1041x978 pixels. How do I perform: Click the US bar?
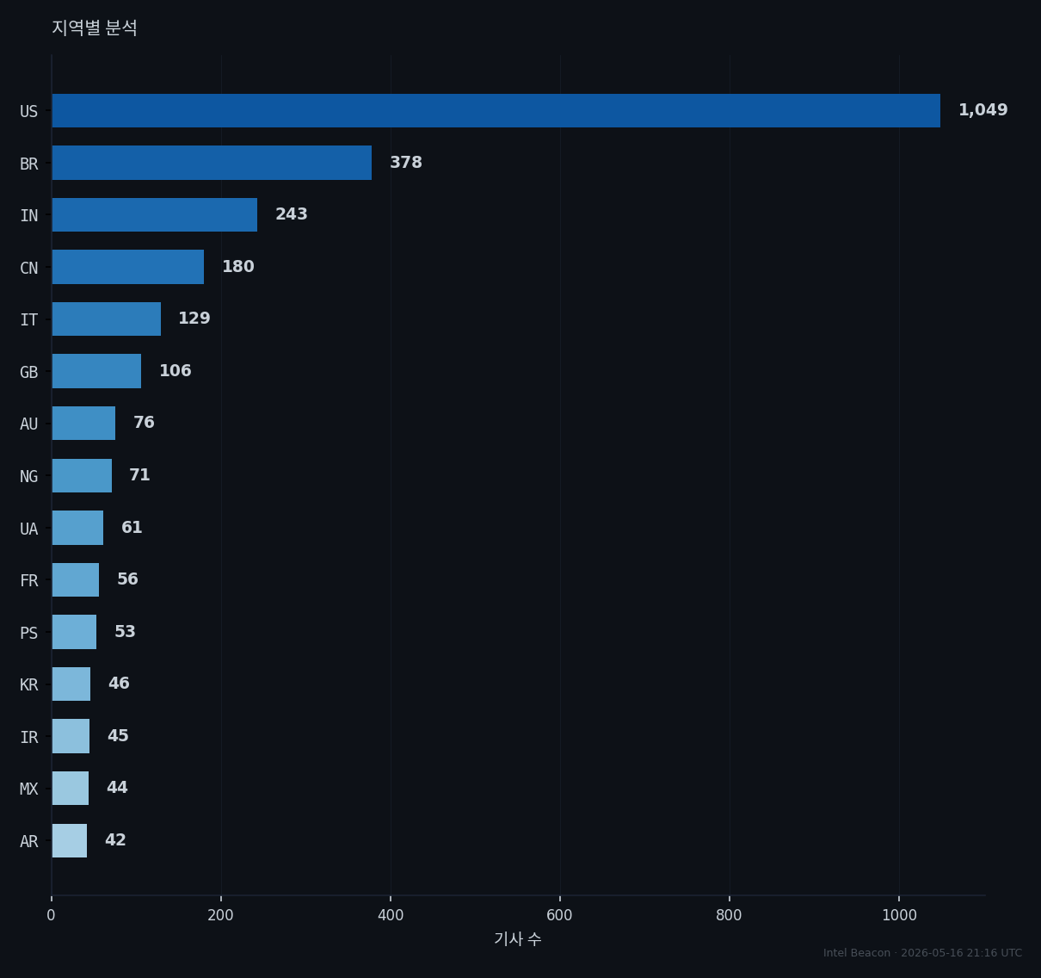click(x=496, y=111)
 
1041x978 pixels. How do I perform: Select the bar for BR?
click(x=212, y=163)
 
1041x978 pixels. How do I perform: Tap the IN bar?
click(x=155, y=214)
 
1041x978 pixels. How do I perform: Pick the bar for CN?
click(x=128, y=267)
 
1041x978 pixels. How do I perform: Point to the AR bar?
click(x=69, y=840)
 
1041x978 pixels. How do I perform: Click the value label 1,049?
click(x=982, y=110)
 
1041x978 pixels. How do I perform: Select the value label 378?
click(x=406, y=163)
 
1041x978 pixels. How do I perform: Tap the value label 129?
click(x=194, y=319)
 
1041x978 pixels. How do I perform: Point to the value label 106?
click(x=175, y=371)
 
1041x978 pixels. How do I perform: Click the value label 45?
click(x=118, y=735)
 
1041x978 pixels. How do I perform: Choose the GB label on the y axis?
click(x=29, y=373)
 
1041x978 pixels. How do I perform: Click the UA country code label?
click(x=29, y=529)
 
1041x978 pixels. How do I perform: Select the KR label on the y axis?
click(x=29, y=685)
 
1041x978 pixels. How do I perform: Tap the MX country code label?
click(x=29, y=789)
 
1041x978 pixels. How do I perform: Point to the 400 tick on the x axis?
click(x=391, y=915)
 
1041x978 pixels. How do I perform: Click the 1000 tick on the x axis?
click(x=899, y=915)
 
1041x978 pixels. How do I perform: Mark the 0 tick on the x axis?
click(x=51, y=915)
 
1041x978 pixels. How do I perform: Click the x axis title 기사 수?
click(x=518, y=939)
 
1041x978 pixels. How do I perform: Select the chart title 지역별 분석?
click(x=95, y=28)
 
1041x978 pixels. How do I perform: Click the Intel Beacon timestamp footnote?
click(x=922, y=953)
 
